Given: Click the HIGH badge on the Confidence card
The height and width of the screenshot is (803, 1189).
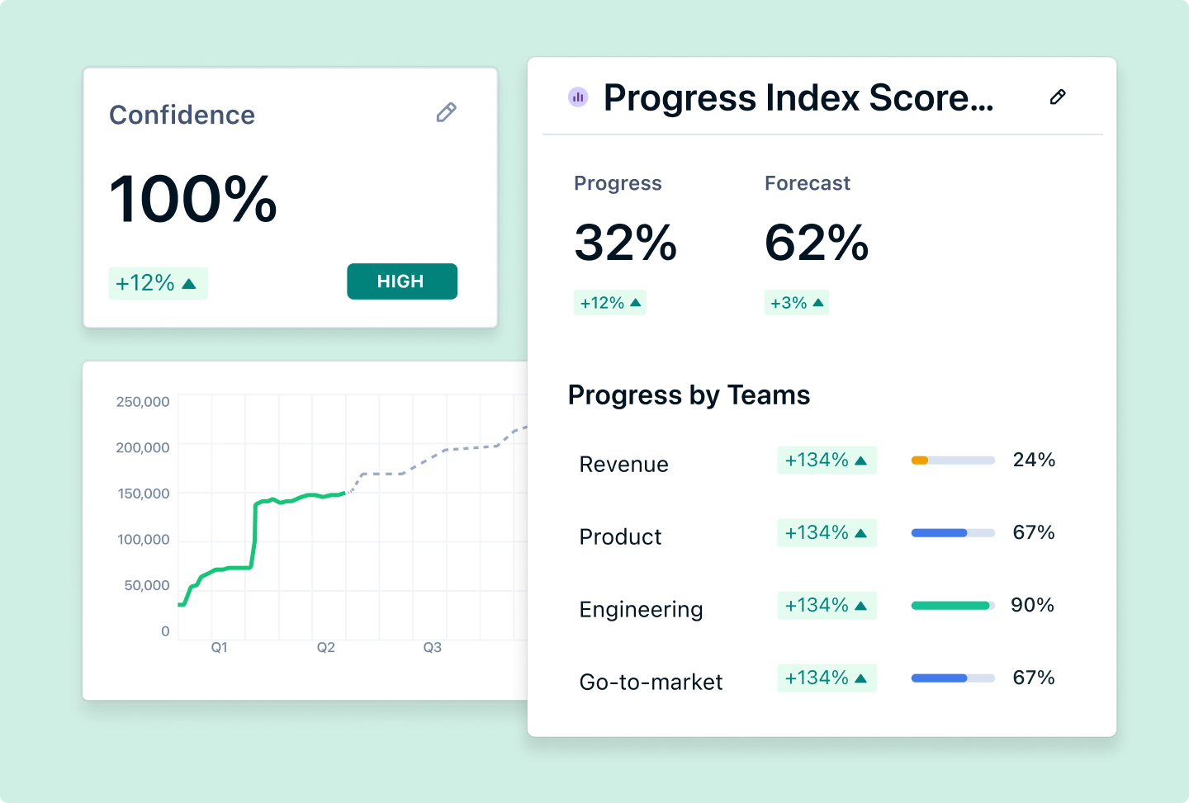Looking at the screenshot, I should click(401, 281).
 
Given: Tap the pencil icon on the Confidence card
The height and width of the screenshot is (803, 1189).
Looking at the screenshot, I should click(446, 112).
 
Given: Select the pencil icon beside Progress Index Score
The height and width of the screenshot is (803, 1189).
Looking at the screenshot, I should click(1057, 97).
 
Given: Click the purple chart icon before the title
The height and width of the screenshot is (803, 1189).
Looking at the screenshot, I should click(578, 97).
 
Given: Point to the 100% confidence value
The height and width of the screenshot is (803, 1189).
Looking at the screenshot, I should click(193, 200).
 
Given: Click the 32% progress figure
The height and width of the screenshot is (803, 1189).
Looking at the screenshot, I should click(625, 243).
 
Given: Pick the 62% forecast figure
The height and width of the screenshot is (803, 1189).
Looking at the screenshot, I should click(817, 243).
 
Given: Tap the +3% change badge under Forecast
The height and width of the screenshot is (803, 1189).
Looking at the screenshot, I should click(796, 303).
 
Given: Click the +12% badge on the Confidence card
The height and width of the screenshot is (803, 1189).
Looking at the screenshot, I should click(157, 283).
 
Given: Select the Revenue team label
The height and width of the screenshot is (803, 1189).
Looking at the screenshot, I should click(623, 465).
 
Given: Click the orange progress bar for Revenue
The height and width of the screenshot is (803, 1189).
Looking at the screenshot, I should click(920, 461).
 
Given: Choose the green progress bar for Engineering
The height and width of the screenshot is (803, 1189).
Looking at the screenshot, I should click(950, 606).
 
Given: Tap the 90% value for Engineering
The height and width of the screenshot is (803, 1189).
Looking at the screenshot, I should click(1032, 605).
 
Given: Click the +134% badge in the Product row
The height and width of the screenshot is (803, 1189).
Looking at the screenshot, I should click(826, 533).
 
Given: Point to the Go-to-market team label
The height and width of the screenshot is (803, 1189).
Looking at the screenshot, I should click(651, 683).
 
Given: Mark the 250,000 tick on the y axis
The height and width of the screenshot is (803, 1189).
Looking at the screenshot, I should click(143, 402).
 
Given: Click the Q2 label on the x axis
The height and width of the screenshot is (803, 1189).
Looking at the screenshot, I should click(326, 648).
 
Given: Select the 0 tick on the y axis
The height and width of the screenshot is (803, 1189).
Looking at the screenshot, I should click(165, 631).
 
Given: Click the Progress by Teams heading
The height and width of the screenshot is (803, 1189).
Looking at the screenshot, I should click(689, 395).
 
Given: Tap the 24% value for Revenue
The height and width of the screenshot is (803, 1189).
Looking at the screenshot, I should click(1034, 460).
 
